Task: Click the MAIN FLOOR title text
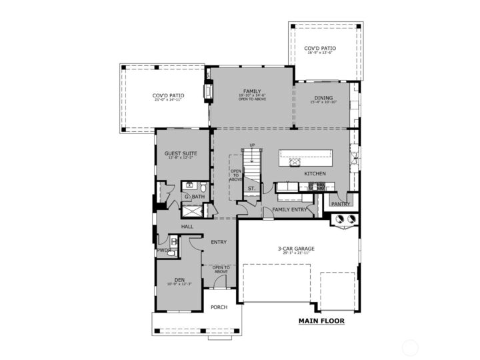coord(321,321)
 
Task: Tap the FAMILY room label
coord(251,91)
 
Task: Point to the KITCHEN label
coord(315,173)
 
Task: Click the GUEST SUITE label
coord(181,153)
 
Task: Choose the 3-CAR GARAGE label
coord(296,249)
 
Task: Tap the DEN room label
coord(179,279)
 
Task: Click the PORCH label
coord(219,307)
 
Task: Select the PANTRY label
coord(340,204)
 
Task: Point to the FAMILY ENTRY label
coord(289,209)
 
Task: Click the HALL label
coord(187,227)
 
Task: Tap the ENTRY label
coord(219,242)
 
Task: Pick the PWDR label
coord(163,250)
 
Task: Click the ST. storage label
coord(251,189)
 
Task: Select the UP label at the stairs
coord(252,145)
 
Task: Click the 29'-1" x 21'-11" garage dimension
coord(296,254)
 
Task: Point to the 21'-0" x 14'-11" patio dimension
coord(169,100)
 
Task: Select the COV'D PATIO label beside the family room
coord(169,95)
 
